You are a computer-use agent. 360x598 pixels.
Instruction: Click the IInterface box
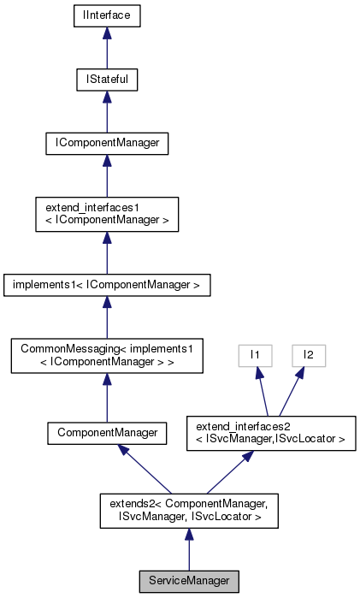click(x=106, y=15)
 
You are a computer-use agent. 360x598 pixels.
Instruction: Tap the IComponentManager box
click(x=106, y=143)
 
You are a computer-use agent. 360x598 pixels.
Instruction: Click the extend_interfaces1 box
click(x=106, y=213)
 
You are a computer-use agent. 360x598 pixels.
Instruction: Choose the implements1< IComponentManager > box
click(x=106, y=282)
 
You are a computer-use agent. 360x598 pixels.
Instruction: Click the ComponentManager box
click(x=106, y=433)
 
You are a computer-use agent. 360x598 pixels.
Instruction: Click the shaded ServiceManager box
click(x=189, y=580)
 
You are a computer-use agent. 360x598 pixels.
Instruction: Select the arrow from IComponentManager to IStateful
click(x=106, y=111)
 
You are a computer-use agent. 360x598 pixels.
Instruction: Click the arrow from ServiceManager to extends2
click(x=189, y=548)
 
